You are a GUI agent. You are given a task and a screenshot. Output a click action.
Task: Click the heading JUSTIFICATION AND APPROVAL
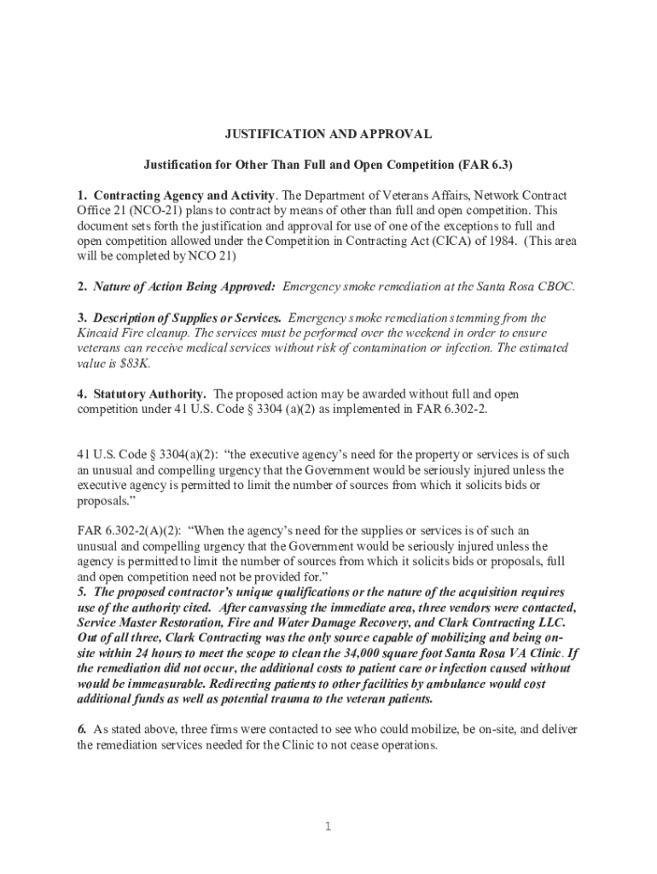pyautogui.click(x=328, y=135)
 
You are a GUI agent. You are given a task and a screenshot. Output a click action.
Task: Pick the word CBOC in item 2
pyautogui.click(x=558, y=287)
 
